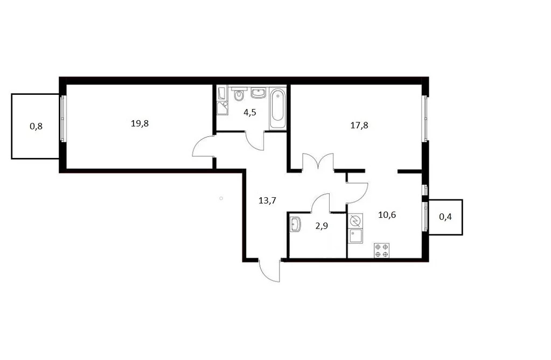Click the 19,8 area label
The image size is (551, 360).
tap(140, 123)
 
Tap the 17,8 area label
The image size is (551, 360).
tap(359, 125)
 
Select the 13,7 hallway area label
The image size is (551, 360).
tap(267, 200)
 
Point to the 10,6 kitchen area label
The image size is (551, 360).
tap(387, 214)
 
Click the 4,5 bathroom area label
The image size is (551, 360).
tap(250, 113)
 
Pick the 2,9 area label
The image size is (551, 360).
tap(322, 226)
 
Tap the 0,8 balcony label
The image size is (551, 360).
tap(36, 126)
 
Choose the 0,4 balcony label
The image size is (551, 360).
tap(445, 217)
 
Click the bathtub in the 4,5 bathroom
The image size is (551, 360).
tap(277, 109)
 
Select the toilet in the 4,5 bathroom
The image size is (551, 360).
tap(239, 94)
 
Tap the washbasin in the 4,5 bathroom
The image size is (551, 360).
tap(259, 93)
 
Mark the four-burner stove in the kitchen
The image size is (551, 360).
tap(382, 250)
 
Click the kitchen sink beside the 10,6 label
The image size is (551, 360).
tap(355, 236)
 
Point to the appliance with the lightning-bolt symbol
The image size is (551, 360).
tap(355, 221)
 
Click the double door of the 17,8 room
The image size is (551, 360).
tap(318, 162)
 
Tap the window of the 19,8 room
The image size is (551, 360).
tap(63, 119)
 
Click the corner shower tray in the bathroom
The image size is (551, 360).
tap(222, 108)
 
